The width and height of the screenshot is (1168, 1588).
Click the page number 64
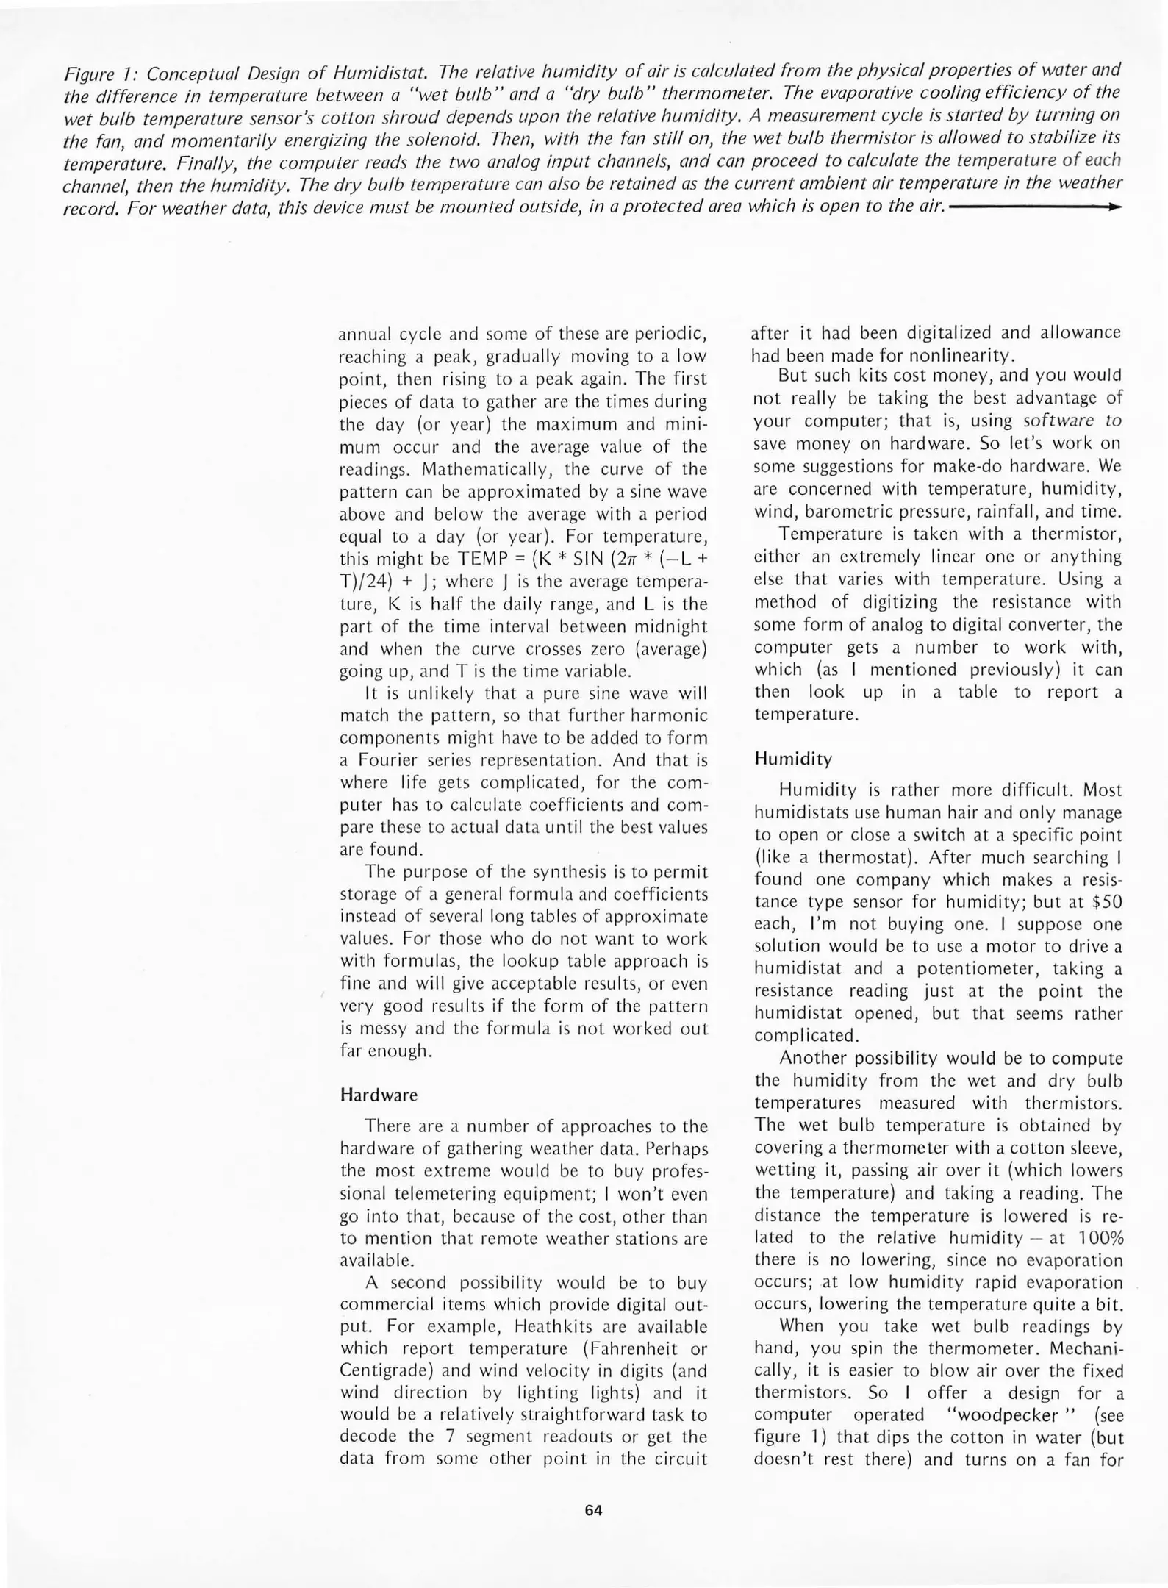593,1510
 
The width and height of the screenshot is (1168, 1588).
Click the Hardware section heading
379,1095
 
